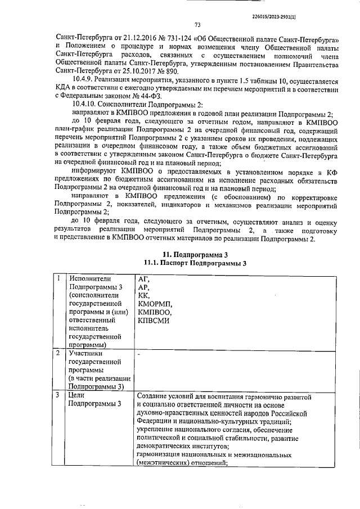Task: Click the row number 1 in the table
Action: click(x=58, y=278)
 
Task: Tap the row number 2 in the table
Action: click(x=58, y=353)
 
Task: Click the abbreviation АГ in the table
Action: click(x=144, y=278)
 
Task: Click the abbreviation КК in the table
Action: click(x=144, y=295)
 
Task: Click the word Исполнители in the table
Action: click(x=89, y=278)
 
